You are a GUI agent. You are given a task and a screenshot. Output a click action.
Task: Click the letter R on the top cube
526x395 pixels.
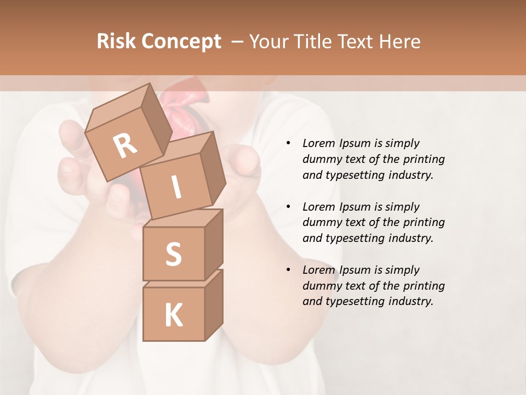tap(125, 145)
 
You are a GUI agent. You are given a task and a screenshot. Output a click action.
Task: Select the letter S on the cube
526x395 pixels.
tap(173, 254)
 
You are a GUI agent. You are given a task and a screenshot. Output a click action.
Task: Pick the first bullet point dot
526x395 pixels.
tap(288, 143)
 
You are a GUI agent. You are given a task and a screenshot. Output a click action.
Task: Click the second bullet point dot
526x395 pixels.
tap(288, 207)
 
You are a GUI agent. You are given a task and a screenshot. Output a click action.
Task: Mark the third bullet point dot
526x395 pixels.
tap(288, 270)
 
